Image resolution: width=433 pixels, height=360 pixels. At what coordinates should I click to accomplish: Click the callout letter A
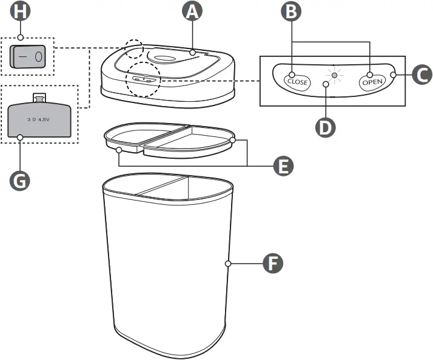point(192,12)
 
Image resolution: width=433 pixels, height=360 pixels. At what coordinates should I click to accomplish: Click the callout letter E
point(280,165)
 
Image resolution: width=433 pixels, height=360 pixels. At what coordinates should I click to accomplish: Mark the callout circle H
point(20,12)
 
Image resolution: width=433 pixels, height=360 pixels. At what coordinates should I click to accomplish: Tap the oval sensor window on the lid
point(166,58)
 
